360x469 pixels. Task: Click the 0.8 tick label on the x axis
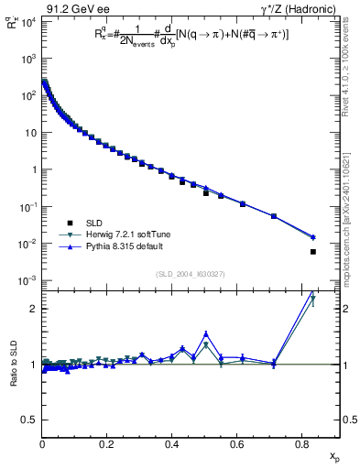coord(302,443)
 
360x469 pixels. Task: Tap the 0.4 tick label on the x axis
coord(172,443)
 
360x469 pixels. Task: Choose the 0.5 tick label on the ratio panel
coord(28,420)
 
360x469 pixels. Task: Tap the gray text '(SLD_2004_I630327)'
coord(183,274)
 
